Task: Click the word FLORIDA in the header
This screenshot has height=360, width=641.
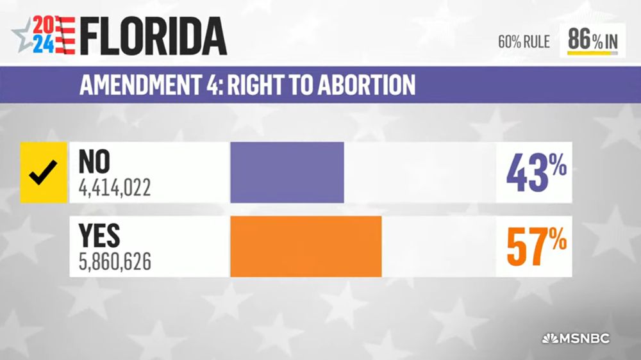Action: [x=154, y=37]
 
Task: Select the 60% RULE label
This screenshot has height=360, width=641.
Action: [x=524, y=42]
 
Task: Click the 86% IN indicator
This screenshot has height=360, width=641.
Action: [x=592, y=40]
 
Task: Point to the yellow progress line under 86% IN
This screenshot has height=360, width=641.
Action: [x=588, y=54]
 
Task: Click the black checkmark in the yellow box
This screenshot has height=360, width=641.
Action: [x=44, y=172]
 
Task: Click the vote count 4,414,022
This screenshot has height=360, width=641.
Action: [x=115, y=189]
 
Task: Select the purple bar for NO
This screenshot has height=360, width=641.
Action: [x=287, y=172]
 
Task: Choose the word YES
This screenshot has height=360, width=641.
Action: [x=99, y=237]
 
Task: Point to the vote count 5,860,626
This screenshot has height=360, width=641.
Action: [x=115, y=263]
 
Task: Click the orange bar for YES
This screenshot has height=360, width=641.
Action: [x=306, y=247]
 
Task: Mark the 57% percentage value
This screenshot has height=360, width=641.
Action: [x=536, y=247]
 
